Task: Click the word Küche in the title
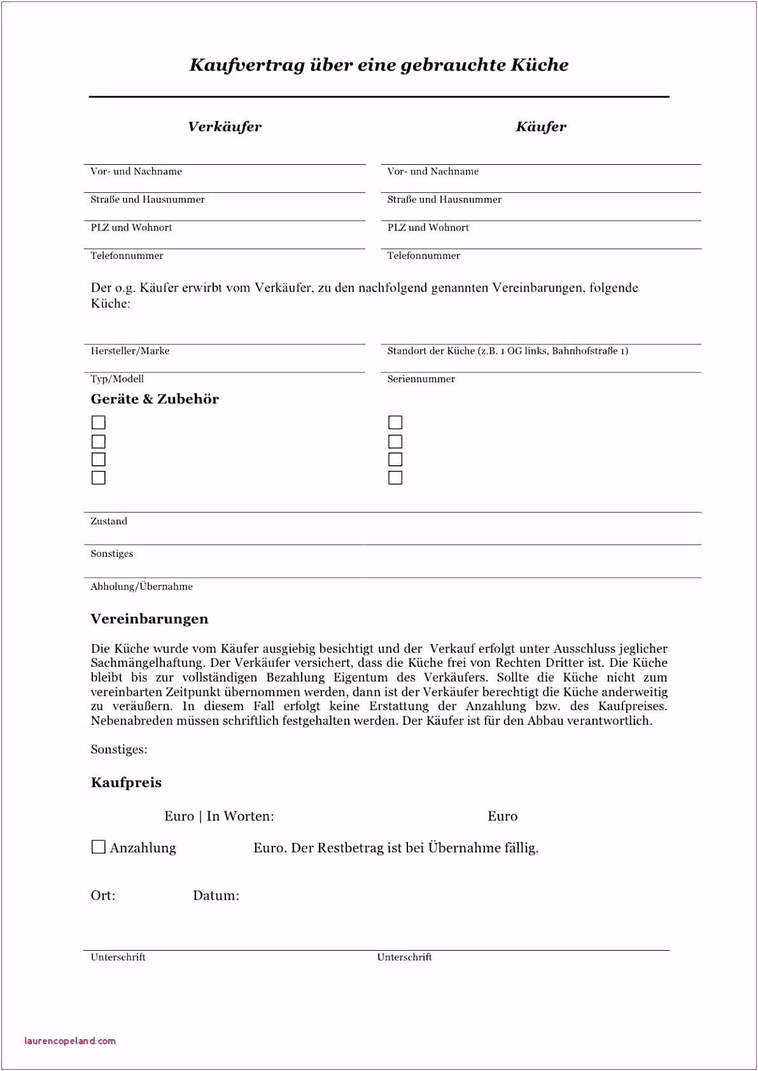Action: click(540, 65)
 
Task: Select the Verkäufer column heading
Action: click(225, 127)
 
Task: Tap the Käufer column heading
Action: click(541, 127)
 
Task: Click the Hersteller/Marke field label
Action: click(130, 351)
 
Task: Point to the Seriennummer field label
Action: click(421, 379)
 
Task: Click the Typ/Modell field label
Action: click(117, 379)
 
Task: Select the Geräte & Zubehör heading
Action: click(155, 399)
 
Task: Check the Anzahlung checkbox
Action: click(99, 847)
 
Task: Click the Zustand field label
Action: click(109, 521)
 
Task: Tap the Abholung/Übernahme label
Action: click(141, 587)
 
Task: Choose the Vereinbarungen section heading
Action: click(150, 619)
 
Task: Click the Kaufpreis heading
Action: click(126, 783)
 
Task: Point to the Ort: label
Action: click(103, 896)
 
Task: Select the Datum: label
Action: click(216, 896)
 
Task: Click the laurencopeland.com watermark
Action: click(70, 1041)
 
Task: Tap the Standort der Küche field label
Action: click(507, 351)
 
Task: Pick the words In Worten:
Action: click(240, 816)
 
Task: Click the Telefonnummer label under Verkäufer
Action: click(127, 256)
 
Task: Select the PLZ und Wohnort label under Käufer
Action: click(428, 228)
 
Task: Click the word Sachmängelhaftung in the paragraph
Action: click(147, 663)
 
